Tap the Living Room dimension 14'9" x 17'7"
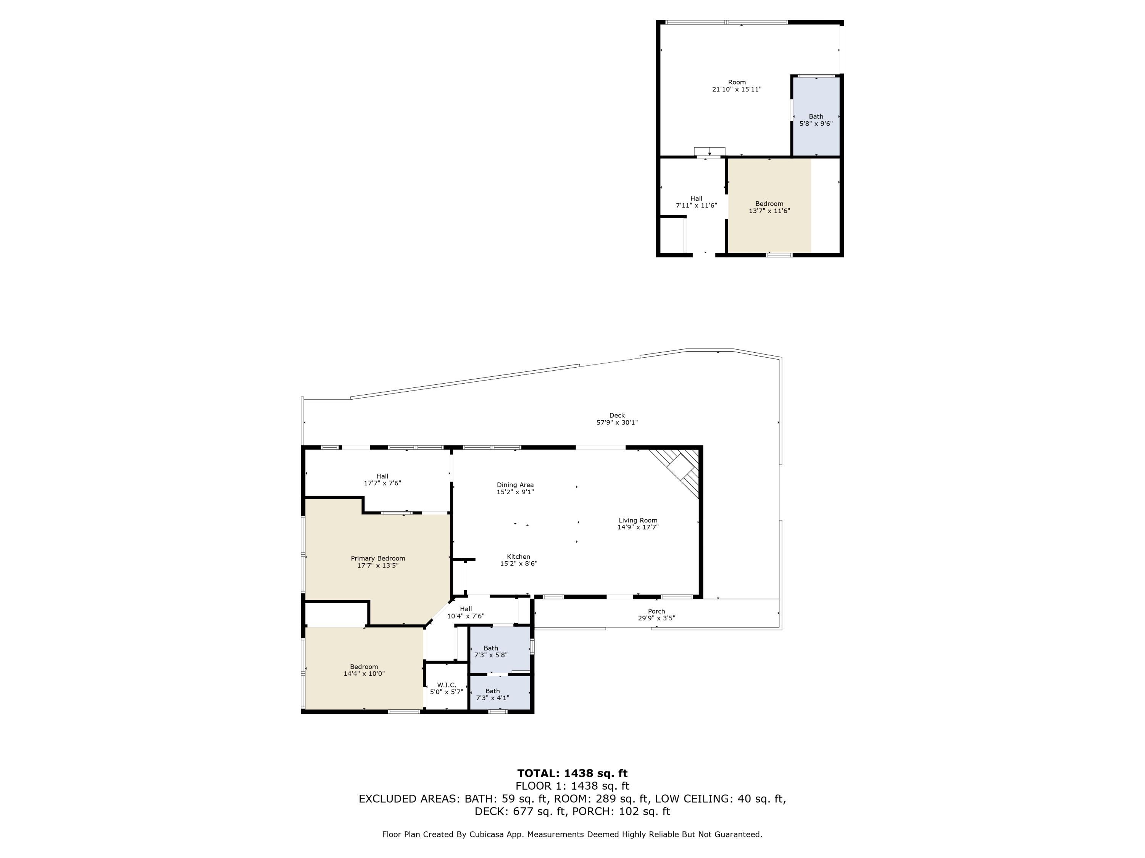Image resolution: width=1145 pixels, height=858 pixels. point(638,527)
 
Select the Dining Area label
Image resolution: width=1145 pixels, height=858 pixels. point(515,485)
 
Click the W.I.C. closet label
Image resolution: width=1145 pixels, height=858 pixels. point(446,685)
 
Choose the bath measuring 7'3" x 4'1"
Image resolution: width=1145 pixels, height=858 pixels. point(492,694)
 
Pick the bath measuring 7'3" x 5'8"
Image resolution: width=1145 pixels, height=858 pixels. point(491,652)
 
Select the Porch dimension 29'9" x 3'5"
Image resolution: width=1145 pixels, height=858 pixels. point(656,618)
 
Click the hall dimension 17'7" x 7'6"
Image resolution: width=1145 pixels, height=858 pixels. point(382,484)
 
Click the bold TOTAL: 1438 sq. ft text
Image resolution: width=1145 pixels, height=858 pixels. point(572,773)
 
